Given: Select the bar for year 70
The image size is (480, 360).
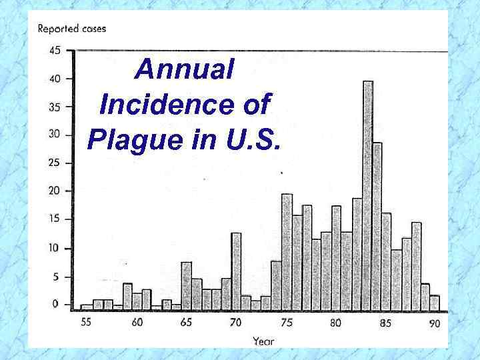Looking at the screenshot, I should click(x=236, y=271).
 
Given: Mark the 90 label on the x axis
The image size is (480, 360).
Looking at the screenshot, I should click(x=434, y=323).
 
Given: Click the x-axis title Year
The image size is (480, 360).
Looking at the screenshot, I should click(x=263, y=341).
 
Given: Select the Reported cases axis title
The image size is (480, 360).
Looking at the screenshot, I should click(x=71, y=29).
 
